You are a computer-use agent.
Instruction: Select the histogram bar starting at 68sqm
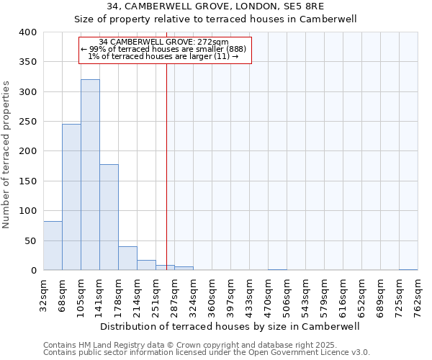71,197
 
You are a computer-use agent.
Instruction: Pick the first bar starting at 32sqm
53,246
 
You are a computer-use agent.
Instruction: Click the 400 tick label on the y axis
27,32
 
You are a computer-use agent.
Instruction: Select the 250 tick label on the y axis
27,122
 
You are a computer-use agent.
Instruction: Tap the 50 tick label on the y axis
30,240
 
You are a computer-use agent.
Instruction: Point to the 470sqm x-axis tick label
268,294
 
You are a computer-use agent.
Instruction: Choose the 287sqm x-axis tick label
174,294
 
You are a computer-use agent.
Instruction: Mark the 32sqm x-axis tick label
43,294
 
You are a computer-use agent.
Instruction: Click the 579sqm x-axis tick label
324,294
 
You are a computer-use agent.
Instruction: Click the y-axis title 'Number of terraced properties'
7,155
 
